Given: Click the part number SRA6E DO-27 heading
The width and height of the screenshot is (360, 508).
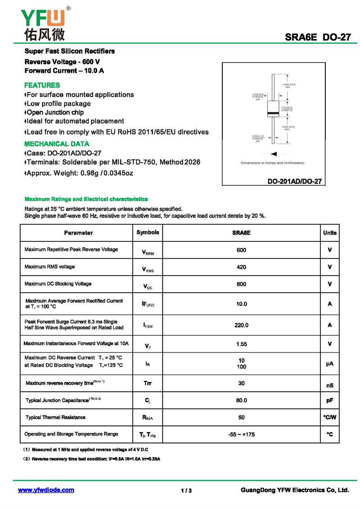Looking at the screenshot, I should click(317, 37).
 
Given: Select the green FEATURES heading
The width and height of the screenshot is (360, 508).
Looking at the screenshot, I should click(42, 85).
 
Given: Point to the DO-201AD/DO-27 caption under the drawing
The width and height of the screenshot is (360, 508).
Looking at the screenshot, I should click(295, 182).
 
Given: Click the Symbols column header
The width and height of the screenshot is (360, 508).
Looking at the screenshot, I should click(148, 232).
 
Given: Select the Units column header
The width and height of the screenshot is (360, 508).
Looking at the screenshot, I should click(329, 233).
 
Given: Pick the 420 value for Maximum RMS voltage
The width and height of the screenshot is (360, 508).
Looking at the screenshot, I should click(241, 267).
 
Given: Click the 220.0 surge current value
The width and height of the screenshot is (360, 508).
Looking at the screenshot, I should click(241, 325).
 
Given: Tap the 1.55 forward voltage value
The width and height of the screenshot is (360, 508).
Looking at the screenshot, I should click(241, 344).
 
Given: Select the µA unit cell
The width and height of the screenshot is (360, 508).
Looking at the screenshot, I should click(329, 363).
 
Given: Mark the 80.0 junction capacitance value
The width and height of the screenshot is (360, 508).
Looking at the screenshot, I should click(241, 400).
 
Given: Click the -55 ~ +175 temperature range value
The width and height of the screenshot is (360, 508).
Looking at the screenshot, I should click(241, 434).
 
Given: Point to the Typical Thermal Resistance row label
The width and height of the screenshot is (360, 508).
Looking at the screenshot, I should click(55, 418).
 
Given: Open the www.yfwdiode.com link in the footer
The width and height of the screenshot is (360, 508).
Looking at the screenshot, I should click(46, 490).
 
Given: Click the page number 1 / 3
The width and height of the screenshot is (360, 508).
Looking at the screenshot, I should click(186, 490).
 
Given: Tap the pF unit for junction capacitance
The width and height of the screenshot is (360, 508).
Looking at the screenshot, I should click(329, 400).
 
